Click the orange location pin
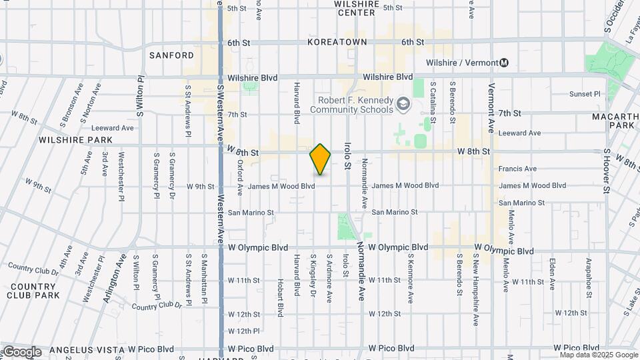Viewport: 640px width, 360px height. (321, 159)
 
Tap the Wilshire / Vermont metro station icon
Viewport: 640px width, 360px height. (504, 63)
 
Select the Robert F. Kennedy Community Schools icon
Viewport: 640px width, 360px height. (403, 103)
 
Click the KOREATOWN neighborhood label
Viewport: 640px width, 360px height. (337, 42)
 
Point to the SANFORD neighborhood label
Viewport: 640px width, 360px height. (171, 55)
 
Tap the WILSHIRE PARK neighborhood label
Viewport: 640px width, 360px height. (75, 140)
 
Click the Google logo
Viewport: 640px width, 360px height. (21, 352)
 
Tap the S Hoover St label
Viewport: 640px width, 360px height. (607, 171)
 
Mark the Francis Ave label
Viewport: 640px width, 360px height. (517, 169)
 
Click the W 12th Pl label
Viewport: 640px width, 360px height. (243, 331)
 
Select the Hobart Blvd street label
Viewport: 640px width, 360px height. (281, 299)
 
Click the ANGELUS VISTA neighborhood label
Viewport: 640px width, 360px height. (86, 349)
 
